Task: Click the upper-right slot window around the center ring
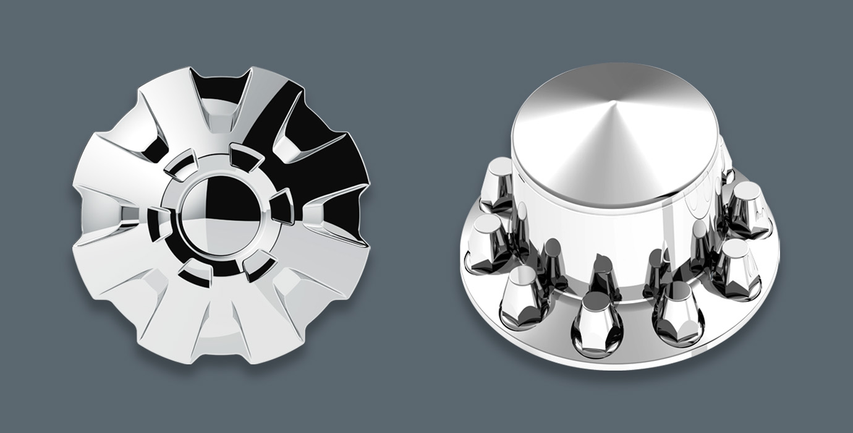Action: [x=245, y=158]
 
